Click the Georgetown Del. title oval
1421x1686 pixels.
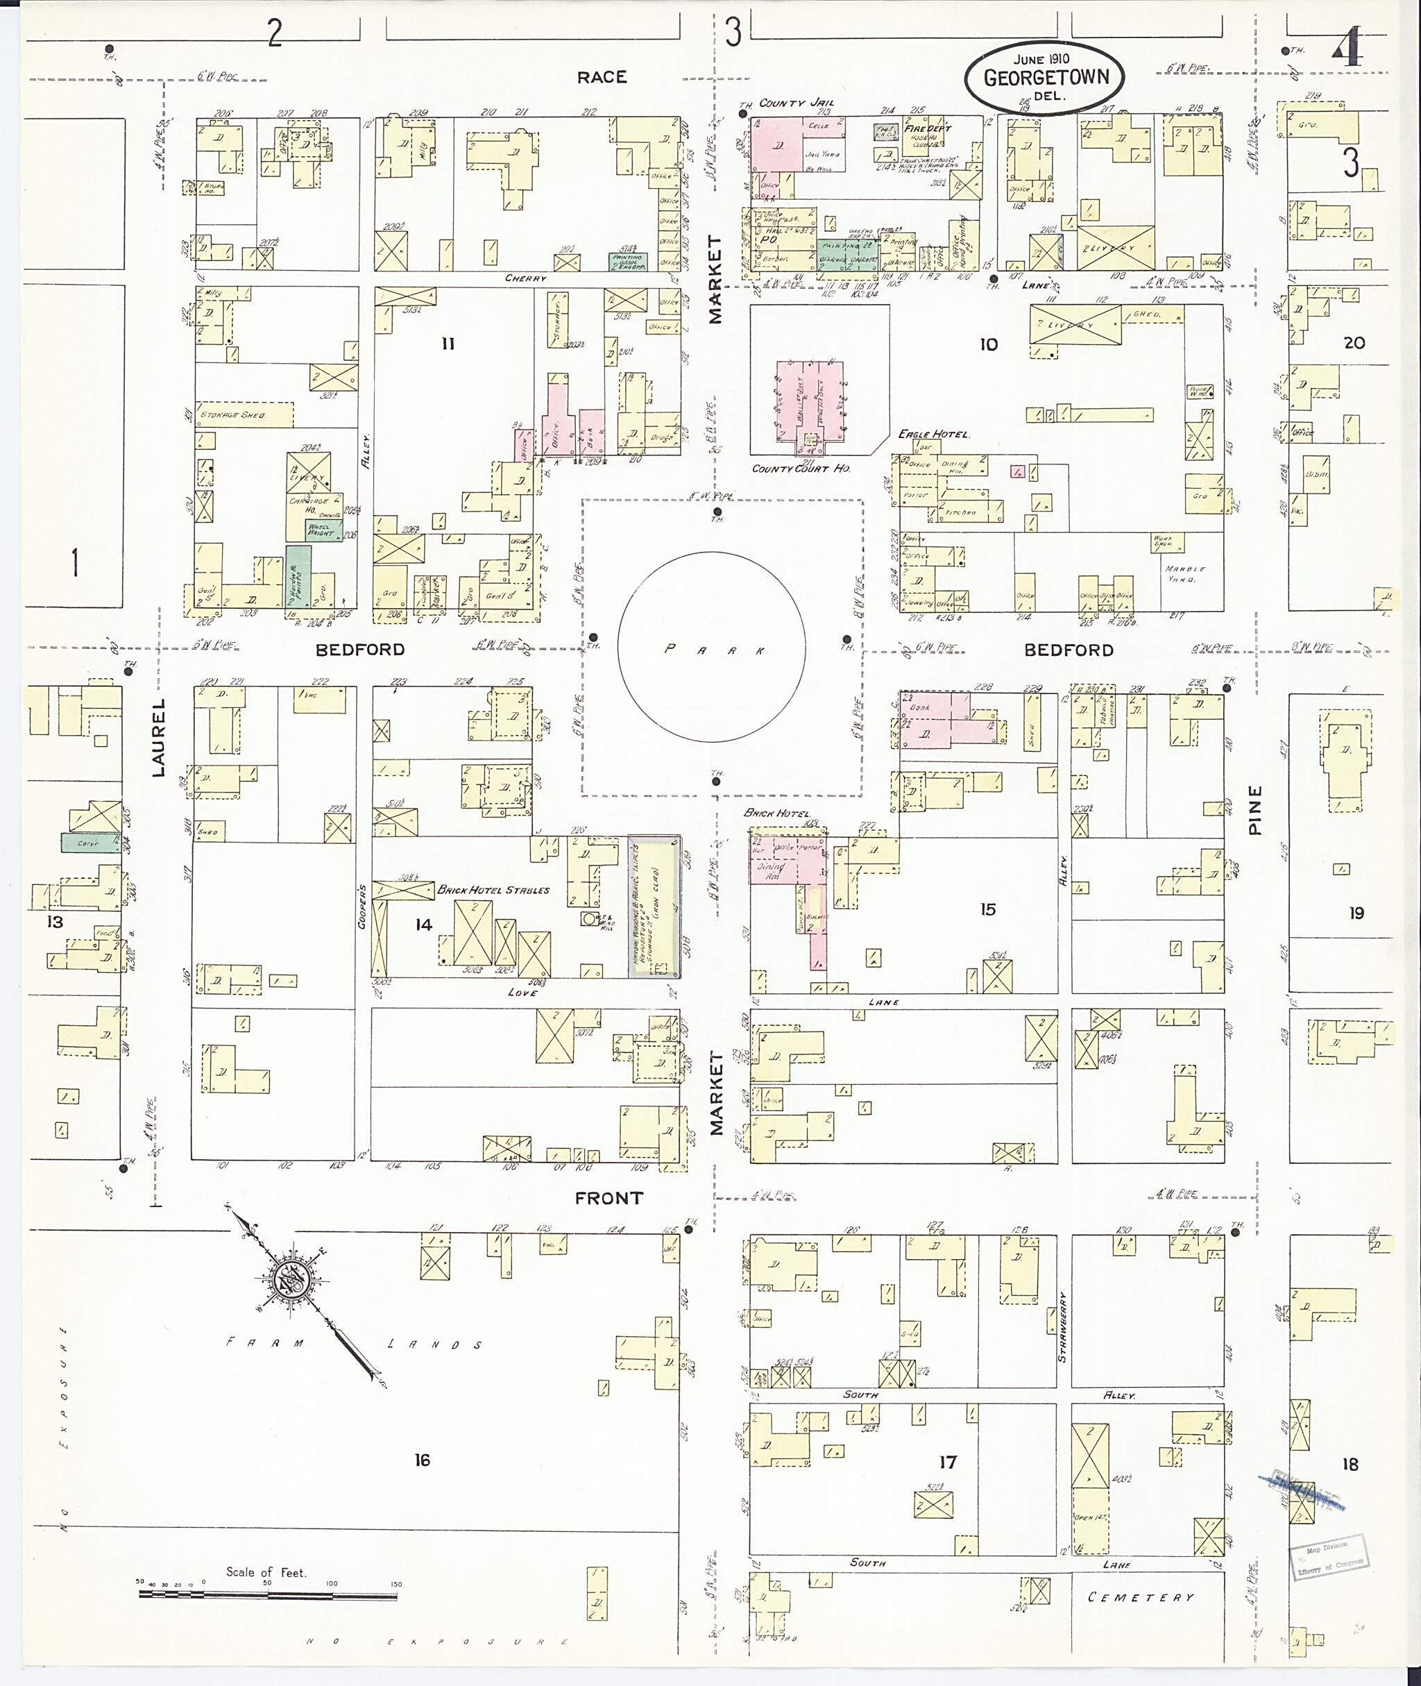pyautogui.click(x=1045, y=77)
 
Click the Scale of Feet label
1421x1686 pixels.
pyautogui.click(x=266, y=1571)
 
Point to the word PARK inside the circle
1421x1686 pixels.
pyautogui.click(x=712, y=650)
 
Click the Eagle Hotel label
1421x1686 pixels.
pyautogui.click(x=935, y=435)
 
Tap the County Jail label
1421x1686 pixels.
pyautogui.click(x=796, y=103)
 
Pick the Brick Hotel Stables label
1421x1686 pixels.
pyautogui.click(x=493, y=890)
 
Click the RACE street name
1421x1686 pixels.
pyautogui.click(x=601, y=77)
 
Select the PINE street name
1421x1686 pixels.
pyautogui.click(x=1255, y=810)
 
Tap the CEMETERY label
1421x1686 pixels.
pyautogui.click(x=1141, y=1596)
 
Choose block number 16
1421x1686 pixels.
pyautogui.click(x=422, y=1460)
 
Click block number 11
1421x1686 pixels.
pyautogui.click(x=448, y=344)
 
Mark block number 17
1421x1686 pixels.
pyautogui.click(x=947, y=1461)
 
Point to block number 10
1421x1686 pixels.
pyautogui.click(x=989, y=344)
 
